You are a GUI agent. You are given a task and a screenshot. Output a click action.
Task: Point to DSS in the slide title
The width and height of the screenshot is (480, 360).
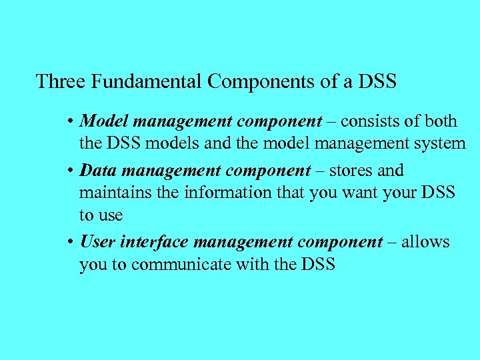pos(377,82)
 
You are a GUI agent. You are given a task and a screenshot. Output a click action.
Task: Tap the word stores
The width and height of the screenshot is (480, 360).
pos(356,170)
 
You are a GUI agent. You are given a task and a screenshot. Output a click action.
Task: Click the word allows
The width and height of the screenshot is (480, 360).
pos(426,241)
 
